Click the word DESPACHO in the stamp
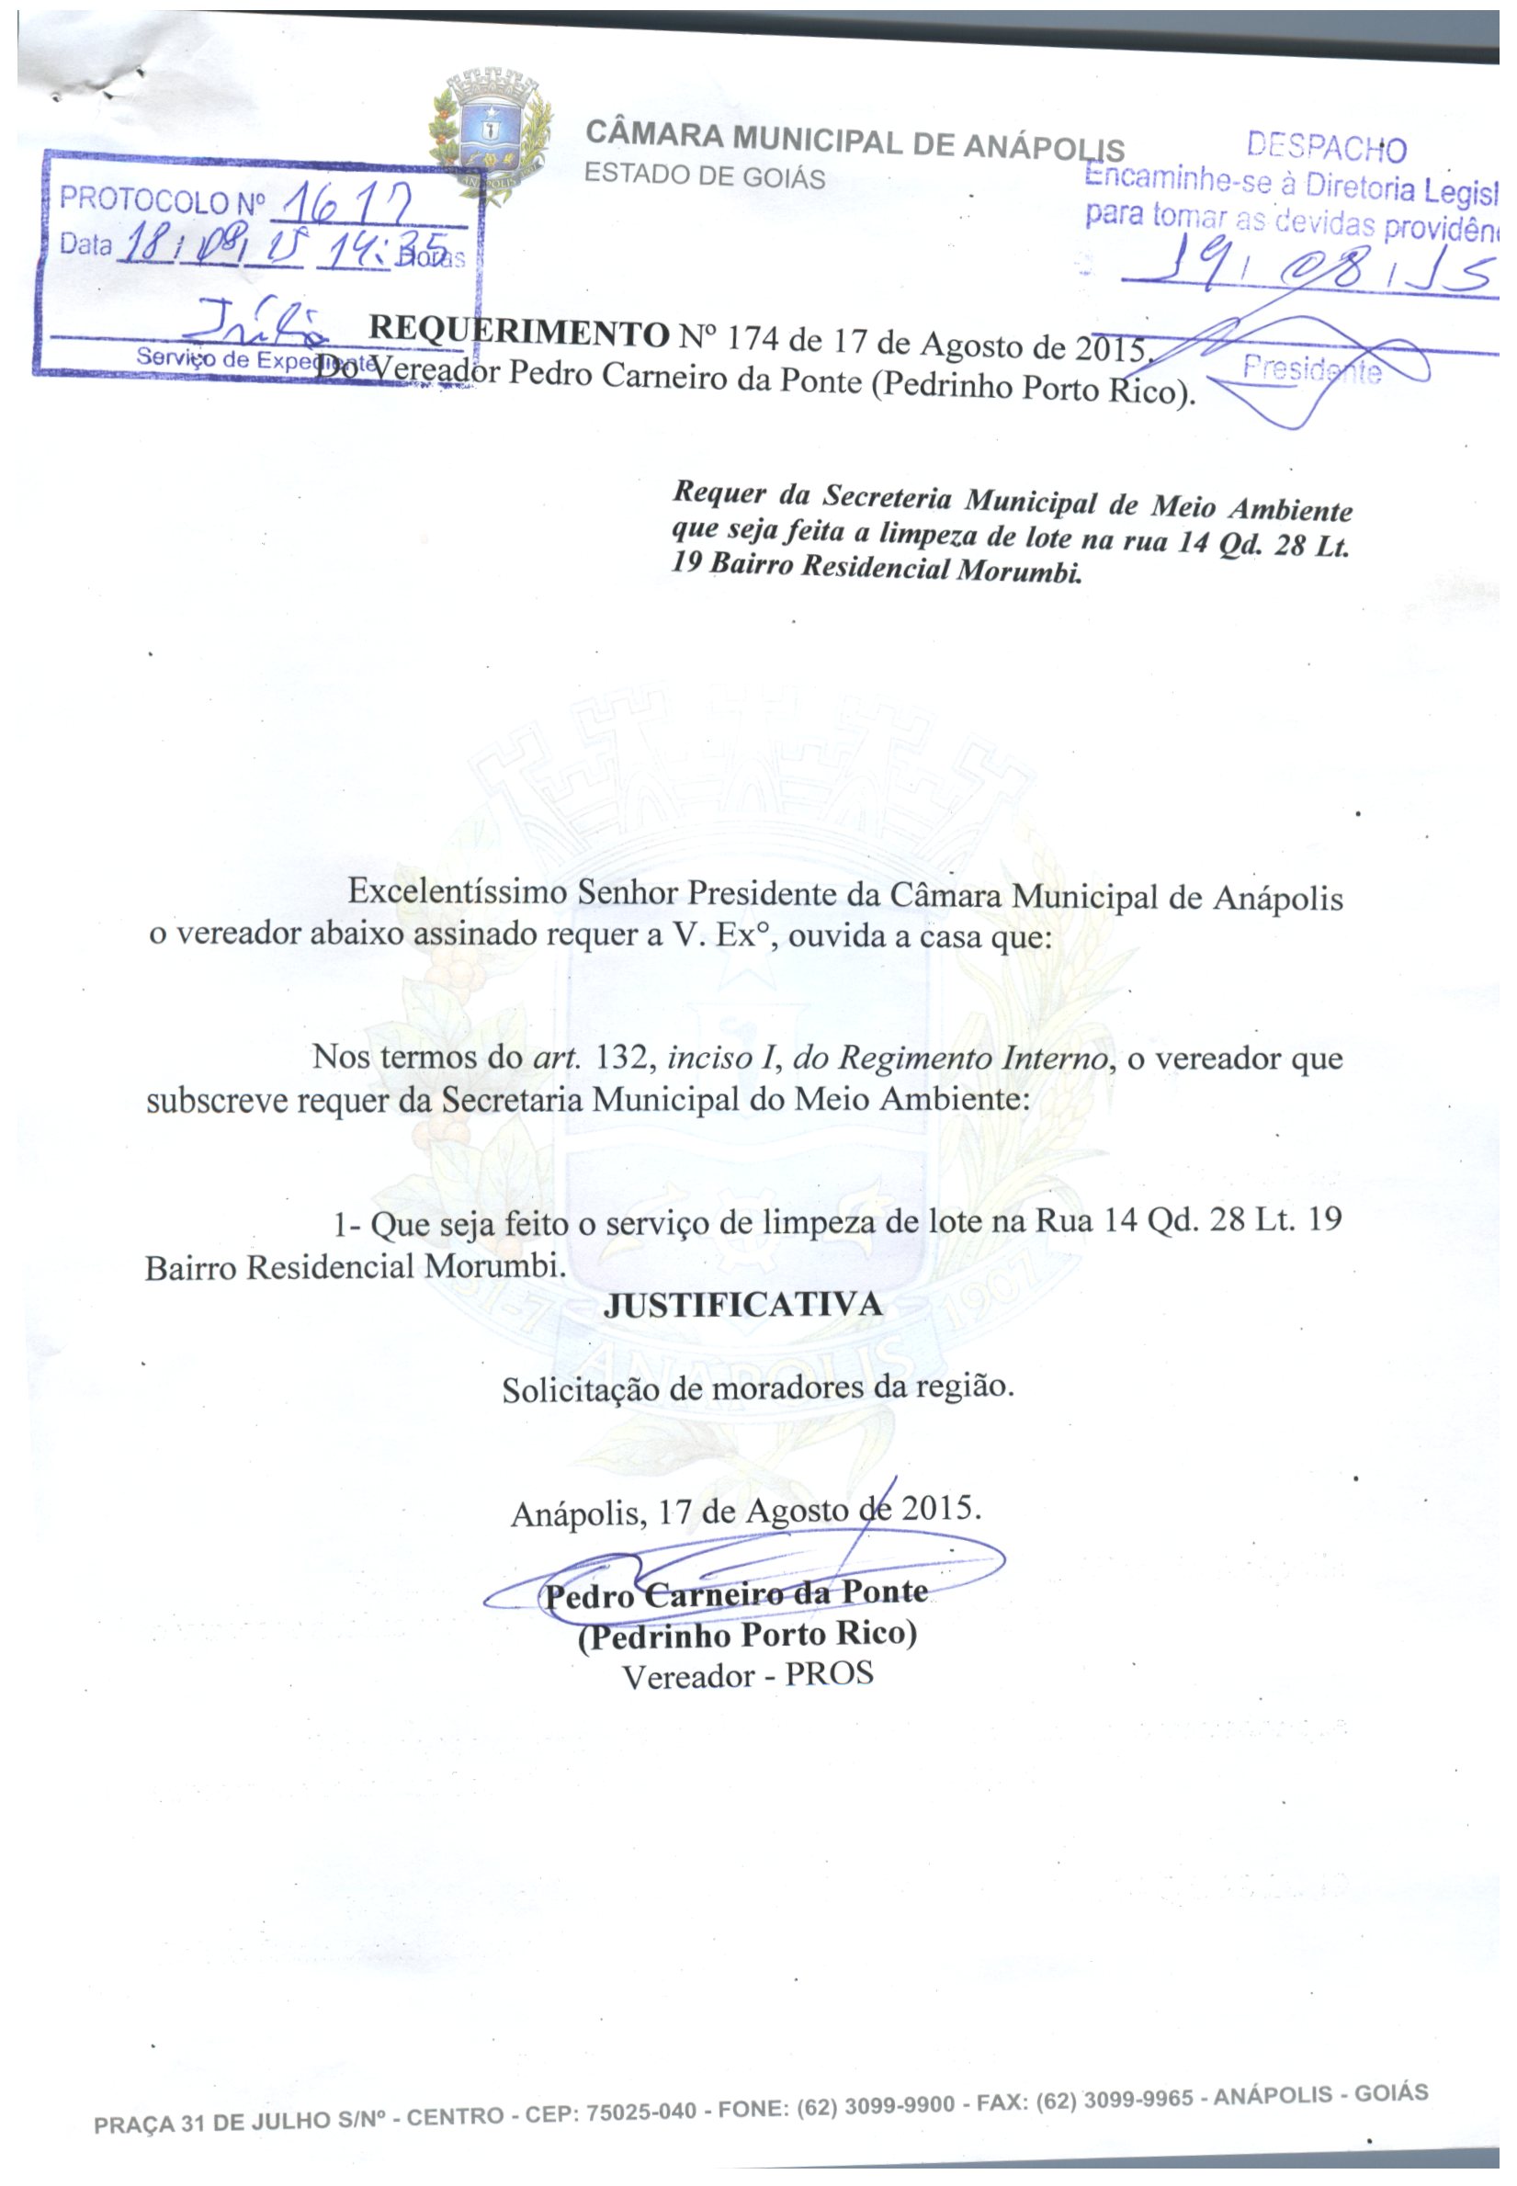pyautogui.click(x=1325, y=148)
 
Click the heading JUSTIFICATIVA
pyautogui.click(x=743, y=1305)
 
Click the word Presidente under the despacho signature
pyautogui.click(x=1312, y=369)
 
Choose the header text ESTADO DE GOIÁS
pyautogui.click(x=705, y=176)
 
